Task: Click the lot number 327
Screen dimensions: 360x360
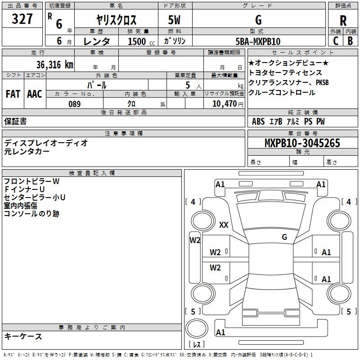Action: pyautogui.click(x=22, y=20)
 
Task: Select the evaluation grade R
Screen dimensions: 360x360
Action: pyautogui.click(x=343, y=20)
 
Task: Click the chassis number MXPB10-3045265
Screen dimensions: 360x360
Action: pyautogui.click(x=302, y=143)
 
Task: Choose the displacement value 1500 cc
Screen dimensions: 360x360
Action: pyautogui.click(x=137, y=41)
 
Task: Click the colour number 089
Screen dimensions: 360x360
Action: pyautogui.click(x=74, y=104)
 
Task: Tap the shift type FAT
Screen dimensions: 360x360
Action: pyautogui.click(x=13, y=94)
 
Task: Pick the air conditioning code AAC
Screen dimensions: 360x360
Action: pyautogui.click(x=34, y=94)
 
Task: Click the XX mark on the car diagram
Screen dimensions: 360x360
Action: pyautogui.click(x=223, y=225)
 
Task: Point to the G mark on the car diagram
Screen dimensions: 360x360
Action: pyautogui.click(x=284, y=237)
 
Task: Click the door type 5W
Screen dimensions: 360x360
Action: pyautogui.click(x=175, y=20)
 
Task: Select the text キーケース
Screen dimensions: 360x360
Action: pyautogui.click(x=23, y=336)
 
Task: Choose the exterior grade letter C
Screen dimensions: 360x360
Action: pyautogui.click(x=335, y=41)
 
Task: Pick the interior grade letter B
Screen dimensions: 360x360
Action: pyautogui.click(x=351, y=41)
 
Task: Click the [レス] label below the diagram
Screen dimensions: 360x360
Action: pyautogui.click(x=197, y=345)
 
